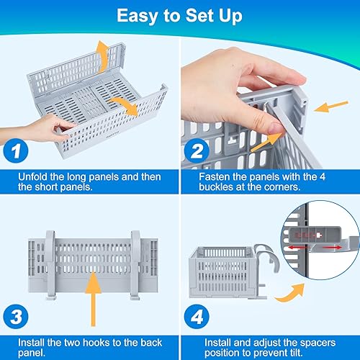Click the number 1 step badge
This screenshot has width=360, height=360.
click(x=16, y=150)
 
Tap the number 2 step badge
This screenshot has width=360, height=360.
click(x=197, y=150)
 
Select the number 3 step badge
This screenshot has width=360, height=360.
click(x=16, y=317)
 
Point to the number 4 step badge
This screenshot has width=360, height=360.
click(x=197, y=317)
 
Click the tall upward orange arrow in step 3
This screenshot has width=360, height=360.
click(x=93, y=299)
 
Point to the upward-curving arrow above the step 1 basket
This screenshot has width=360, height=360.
click(x=102, y=56)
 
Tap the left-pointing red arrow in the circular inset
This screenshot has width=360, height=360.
click(x=297, y=247)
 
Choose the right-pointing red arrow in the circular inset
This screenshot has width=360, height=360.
click(x=333, y=247)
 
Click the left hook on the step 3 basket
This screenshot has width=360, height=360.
click(x=51, y=265)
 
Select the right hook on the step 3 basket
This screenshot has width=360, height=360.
click(x=135, y=265)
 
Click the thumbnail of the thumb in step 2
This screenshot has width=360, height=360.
click(x=276, y=128)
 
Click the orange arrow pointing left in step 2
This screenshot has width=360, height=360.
click(x=330, y=107)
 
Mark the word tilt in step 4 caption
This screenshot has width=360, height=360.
click(x=294, y=353)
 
